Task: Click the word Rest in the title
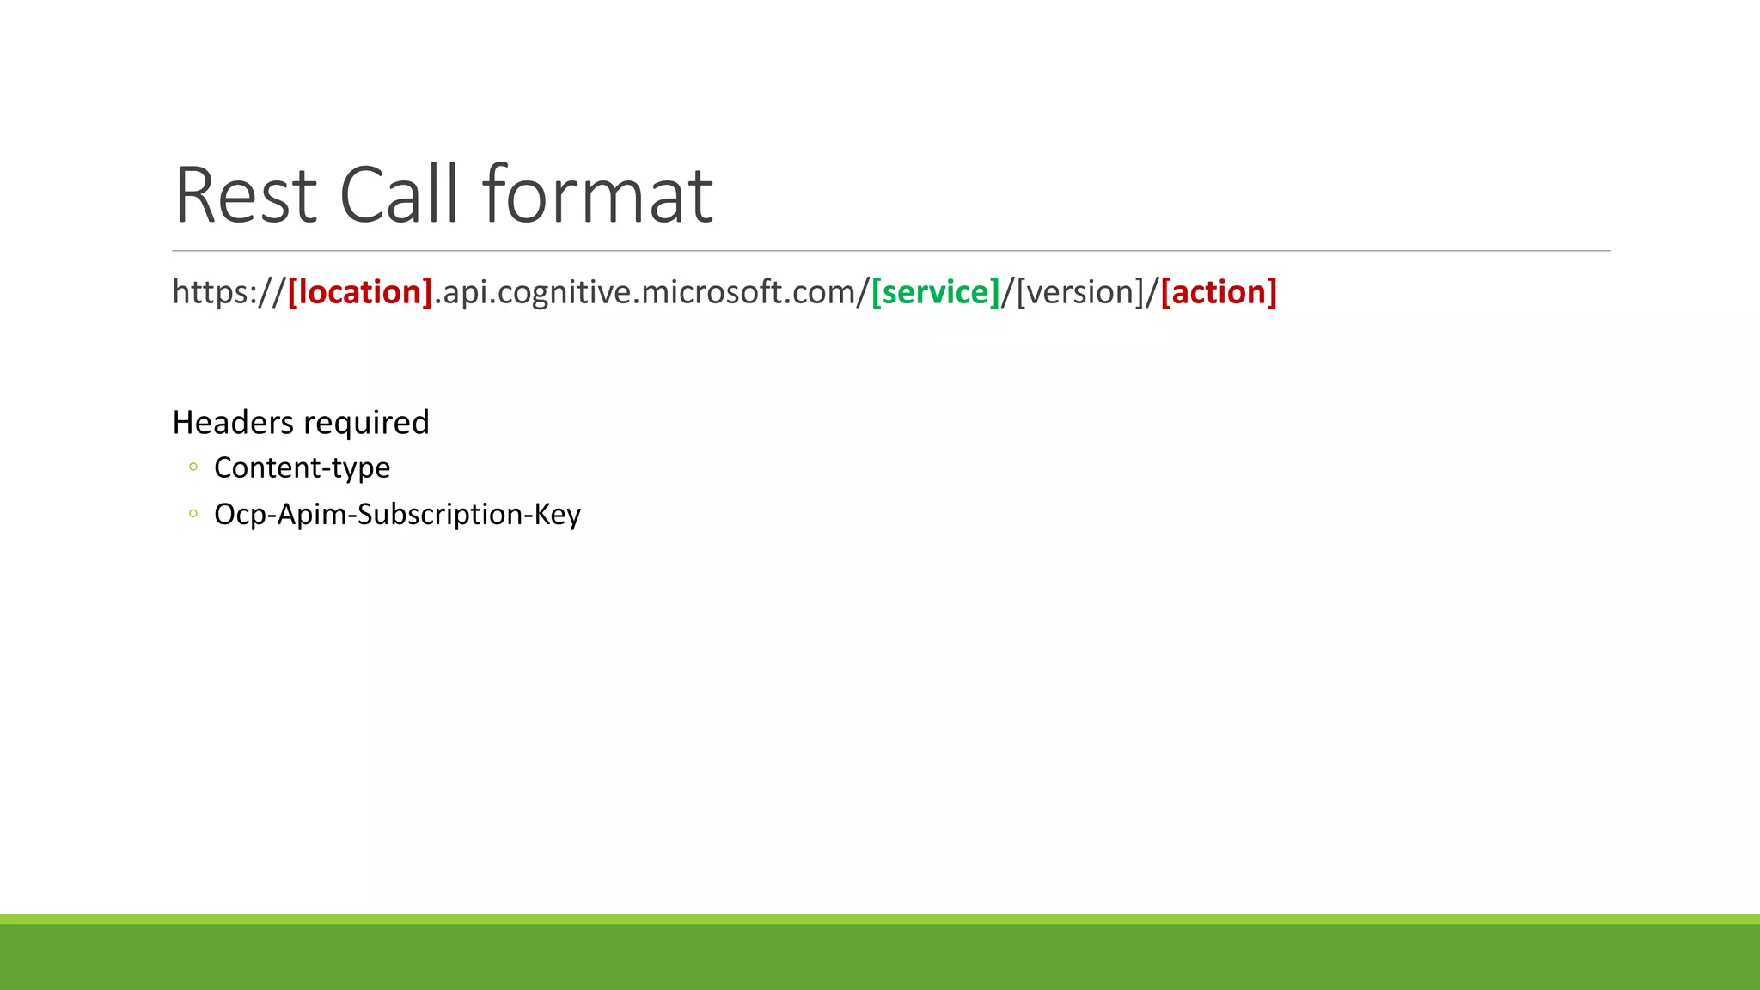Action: [x=246, y=196]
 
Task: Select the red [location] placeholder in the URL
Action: [x=360, y=292]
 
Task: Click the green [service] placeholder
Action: [x=935, y=292]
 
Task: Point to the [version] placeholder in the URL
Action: [x=1080, y=292]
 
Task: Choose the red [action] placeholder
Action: [x=1219, y=292]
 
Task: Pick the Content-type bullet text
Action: [x=302, y=467]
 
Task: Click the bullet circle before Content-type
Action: [x=193, y=467]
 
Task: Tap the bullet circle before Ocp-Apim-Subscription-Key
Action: [x=193, y=514]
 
